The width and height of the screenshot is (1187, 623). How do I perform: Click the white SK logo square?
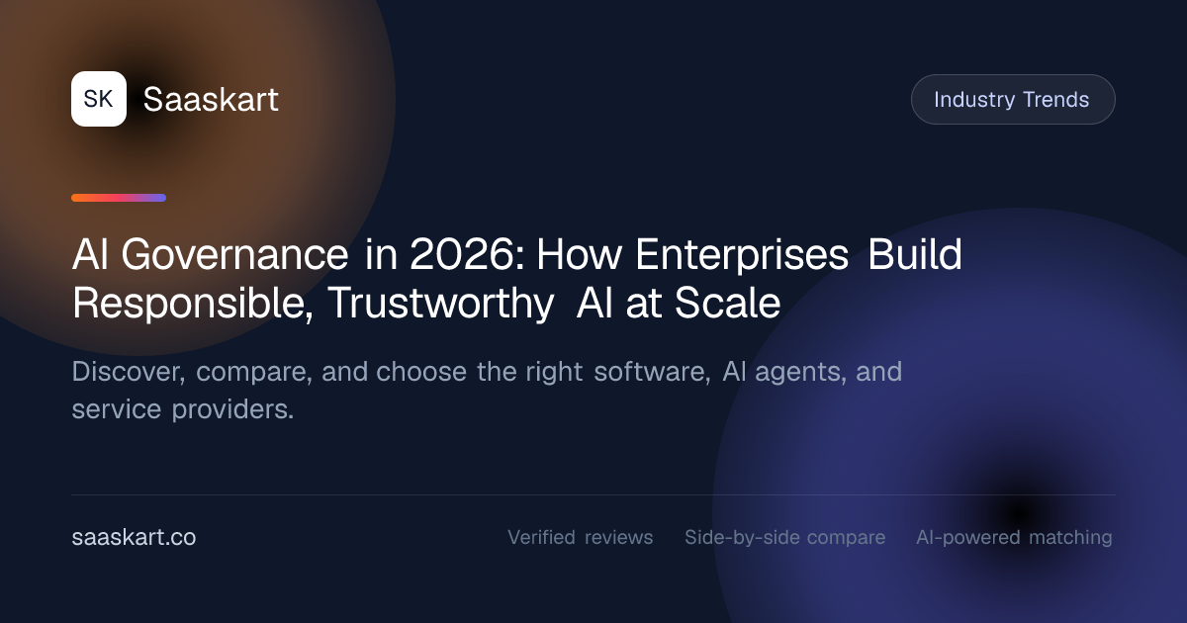click(x=99, y=99)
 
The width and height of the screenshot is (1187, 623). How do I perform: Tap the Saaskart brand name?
click(x=211, y=99)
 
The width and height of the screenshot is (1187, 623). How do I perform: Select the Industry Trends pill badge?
click(x=1013, y=100)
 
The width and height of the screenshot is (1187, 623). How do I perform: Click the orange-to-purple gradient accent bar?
click(x=119, y=198)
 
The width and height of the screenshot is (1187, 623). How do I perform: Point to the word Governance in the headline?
click(x=234, y=255)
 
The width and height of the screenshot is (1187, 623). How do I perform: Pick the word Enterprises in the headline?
click(x=742, y=256)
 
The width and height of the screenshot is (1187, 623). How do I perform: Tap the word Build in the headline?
click(x=915, y=254)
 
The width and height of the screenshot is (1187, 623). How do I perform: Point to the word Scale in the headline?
click(x=728, y=303)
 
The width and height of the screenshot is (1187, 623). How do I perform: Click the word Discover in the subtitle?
click(x=129, y=372)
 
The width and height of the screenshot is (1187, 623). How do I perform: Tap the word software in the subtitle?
click(x=652, y=372)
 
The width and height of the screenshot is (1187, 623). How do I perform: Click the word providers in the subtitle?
click(x=232, y=410)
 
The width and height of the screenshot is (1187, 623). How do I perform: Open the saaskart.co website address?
click(x=134, y=537)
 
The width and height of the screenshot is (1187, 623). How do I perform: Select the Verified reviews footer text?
click(x=581, y=537)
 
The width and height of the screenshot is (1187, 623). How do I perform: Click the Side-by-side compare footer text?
click(x=784, y=538)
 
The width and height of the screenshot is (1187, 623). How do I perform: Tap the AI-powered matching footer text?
click(x=1014, y=538)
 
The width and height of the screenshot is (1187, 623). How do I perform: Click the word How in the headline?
click(x=580, y=255)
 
